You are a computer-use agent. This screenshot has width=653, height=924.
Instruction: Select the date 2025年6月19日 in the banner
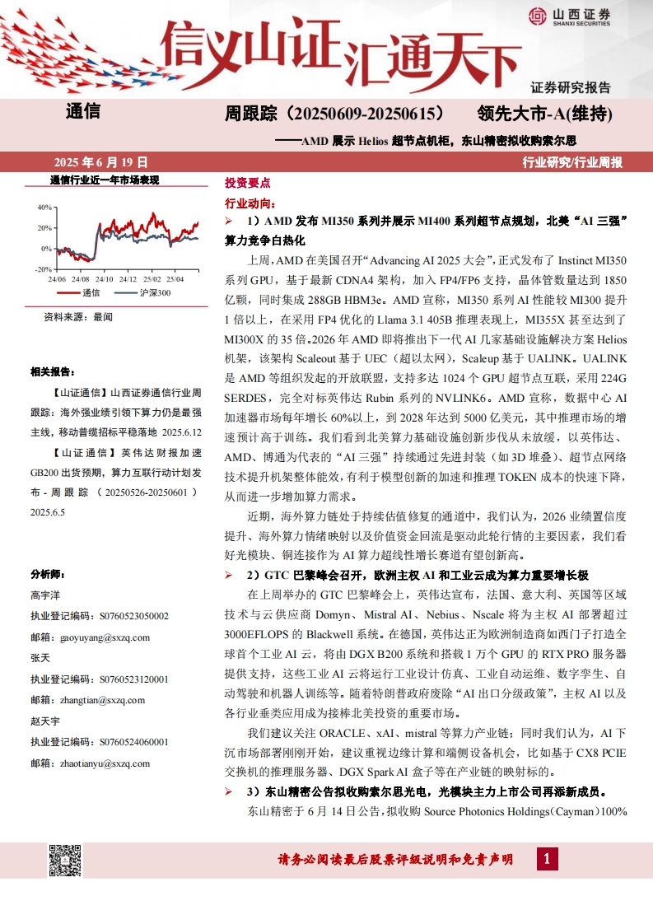(101, 162)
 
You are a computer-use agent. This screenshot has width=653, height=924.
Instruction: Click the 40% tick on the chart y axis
(44, 206)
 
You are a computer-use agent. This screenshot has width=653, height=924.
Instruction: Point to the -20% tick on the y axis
(43, 269)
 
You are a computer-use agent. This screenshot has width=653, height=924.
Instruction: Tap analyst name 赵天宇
(45, 721)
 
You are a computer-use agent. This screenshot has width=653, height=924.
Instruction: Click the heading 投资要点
(247, 183)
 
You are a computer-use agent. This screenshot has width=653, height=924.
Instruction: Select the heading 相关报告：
(54, 372)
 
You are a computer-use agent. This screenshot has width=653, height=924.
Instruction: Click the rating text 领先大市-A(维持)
(545, 113)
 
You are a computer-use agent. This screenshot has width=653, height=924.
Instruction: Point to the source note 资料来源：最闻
(78, 316)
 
